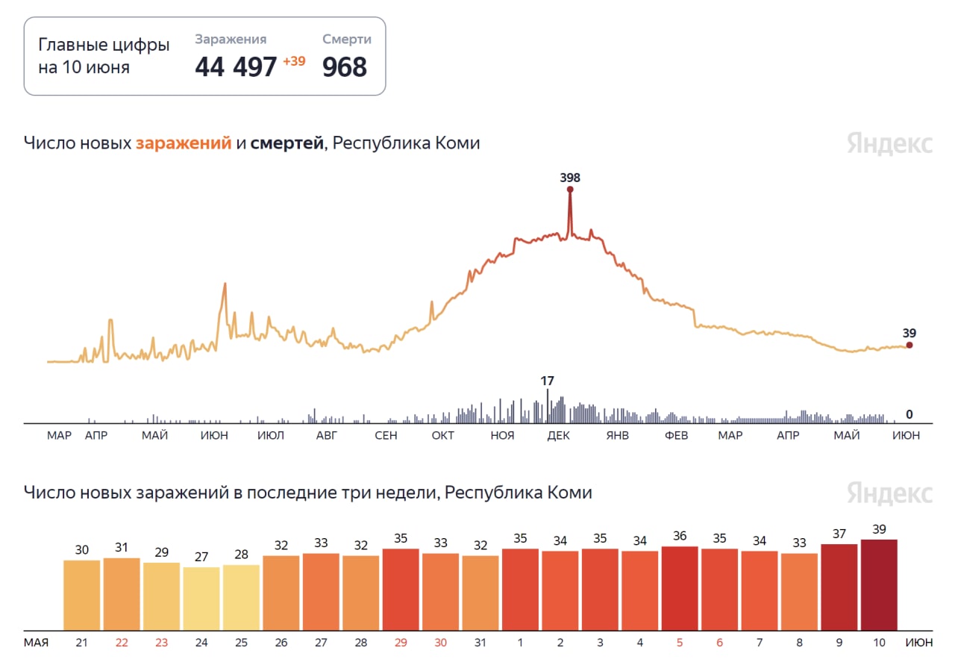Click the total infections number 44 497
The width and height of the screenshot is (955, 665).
(x=236, y=67)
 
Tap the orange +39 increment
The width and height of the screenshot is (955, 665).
(x=294, y=61)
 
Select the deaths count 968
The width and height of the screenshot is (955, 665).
(x=345, y=67)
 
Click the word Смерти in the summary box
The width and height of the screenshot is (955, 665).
(x=347, y=40)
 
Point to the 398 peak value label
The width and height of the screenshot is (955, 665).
(x=570, y=178)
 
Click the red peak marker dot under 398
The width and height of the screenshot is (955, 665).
(x=570, y=190)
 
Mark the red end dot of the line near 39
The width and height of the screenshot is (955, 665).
(x=909, y=345)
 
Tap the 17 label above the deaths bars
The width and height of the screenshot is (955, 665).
(x=548, y=381)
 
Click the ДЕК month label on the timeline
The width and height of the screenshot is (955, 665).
(x=558, y=436)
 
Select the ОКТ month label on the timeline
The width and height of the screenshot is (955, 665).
(x=443, y=436)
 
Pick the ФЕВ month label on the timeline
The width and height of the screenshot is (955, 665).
(x=676, y=436)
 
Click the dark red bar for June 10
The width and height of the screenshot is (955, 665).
(x=879, y=585)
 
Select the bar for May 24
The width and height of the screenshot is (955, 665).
(x=201, y=599)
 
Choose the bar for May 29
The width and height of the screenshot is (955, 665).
(x=401, y=590)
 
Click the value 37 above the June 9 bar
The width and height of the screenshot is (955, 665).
(x=839, y=534)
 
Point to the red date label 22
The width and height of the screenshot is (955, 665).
(x=122, y=642)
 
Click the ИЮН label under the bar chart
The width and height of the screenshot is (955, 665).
(x=918, y=642)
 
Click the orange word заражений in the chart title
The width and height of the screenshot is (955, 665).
(x=184, y=143)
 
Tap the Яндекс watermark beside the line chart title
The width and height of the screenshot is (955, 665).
(x=889, y=143)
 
